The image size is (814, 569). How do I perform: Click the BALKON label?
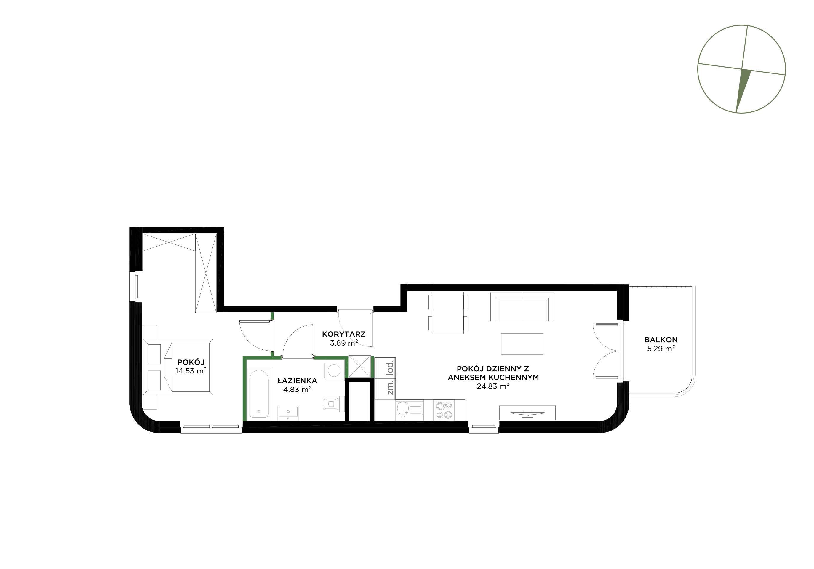[661, 340]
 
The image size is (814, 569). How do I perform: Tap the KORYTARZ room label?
[343, 334]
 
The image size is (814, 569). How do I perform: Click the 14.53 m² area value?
[191, 371]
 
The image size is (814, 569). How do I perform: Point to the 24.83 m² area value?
[493, 386]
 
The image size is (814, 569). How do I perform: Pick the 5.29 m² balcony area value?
[661, 349]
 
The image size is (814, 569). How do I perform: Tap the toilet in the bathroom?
[333, 403]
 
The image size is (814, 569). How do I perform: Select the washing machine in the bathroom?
[335, 371]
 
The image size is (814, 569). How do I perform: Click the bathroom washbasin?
[288, 413]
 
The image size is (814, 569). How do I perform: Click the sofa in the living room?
[522, 307]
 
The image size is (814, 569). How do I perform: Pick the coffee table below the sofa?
[522, 343]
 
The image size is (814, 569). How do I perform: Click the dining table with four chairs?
[448, 312]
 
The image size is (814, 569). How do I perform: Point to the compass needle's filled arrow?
[743, 91]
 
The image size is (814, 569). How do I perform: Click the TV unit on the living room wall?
[527, 413]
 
